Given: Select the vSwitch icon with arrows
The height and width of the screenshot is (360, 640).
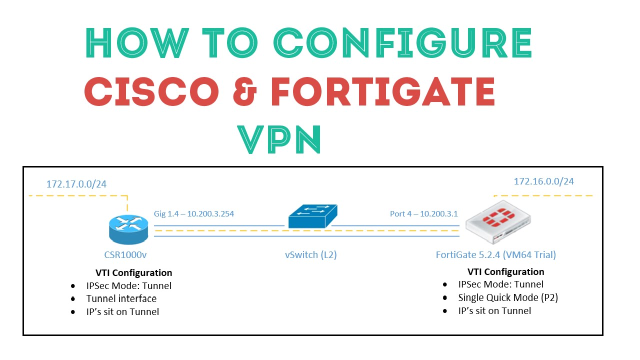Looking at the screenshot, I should click(x=312, y=216).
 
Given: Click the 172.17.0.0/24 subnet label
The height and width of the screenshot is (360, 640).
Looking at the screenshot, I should click(x=76, y=184).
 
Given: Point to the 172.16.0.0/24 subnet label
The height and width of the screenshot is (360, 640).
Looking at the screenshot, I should click(x=543, y=181).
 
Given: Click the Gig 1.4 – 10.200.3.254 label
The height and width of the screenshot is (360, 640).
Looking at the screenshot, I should click(x=194, y=213).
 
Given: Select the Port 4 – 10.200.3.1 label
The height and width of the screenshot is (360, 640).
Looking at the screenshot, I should click(x=423, y=213).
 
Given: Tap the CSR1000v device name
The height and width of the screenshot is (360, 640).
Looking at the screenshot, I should click(x=125, y=254).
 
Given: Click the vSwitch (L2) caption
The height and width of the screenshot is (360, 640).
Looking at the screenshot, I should click(x=310, y=254).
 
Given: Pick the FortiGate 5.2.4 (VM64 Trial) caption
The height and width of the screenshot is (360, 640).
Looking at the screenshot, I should click(x=495, y=254).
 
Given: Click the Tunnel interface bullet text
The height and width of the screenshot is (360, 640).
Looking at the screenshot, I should click(x=121, y=298).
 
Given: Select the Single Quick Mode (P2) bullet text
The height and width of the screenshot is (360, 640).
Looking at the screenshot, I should click(x=507, y=297).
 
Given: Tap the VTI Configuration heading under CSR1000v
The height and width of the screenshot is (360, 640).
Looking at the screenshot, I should click(x=133, y=272).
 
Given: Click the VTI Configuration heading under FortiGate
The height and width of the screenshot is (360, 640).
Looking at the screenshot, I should click(x=505, y=271).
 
